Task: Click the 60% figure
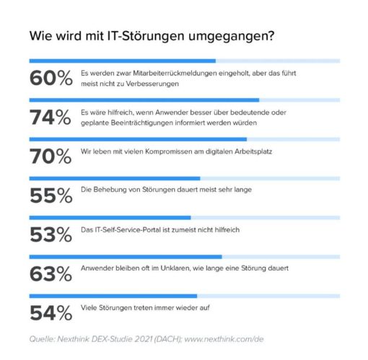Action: (51, 78)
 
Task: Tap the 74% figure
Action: (51, 117)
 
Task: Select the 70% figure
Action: (51, 157)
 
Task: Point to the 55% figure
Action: (51, 196)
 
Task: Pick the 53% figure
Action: (51, 234)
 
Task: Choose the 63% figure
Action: (51, 274)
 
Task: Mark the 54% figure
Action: (51, 313)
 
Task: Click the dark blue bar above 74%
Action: (144, 100)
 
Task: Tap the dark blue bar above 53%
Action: (110, 218)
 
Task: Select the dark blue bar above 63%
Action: (126, 257)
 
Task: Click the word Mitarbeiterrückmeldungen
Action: (175, 73)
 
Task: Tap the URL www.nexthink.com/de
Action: (224, 339)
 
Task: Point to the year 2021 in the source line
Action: (144, 339)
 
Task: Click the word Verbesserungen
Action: (152, 84)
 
